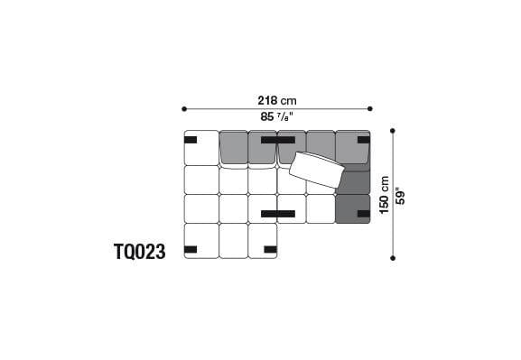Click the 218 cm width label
coord(276,100)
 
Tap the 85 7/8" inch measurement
coord(276,117)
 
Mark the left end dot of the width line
coord(184,109)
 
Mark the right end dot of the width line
coord(370,109)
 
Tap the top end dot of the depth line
coord(393,131)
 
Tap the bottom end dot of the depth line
coord(393,258)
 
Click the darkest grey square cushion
coord(352,209)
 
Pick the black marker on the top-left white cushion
coord(191,140)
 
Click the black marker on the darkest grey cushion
coord(363,214)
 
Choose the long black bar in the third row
coord(277,214)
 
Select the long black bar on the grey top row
coord(277,140)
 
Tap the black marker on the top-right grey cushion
coord(363,140)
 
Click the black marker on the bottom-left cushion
coord(191,249)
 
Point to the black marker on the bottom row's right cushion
coord(269,249)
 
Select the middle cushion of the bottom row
coord(233,241)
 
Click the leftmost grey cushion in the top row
coord(233,148)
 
